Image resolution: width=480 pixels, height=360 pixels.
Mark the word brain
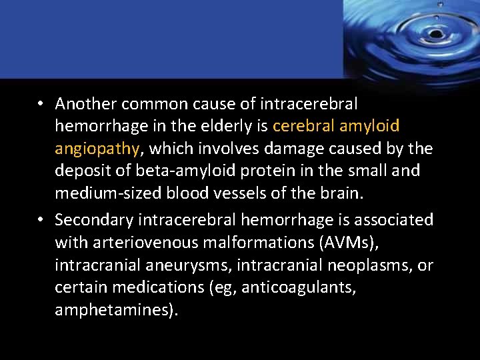(x=340, y=193)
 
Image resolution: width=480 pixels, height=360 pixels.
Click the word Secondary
(x=92, y=219)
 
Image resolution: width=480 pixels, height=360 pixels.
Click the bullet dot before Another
(x=41, y=105)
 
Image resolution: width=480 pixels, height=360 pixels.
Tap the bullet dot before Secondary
(x=41, y=220)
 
